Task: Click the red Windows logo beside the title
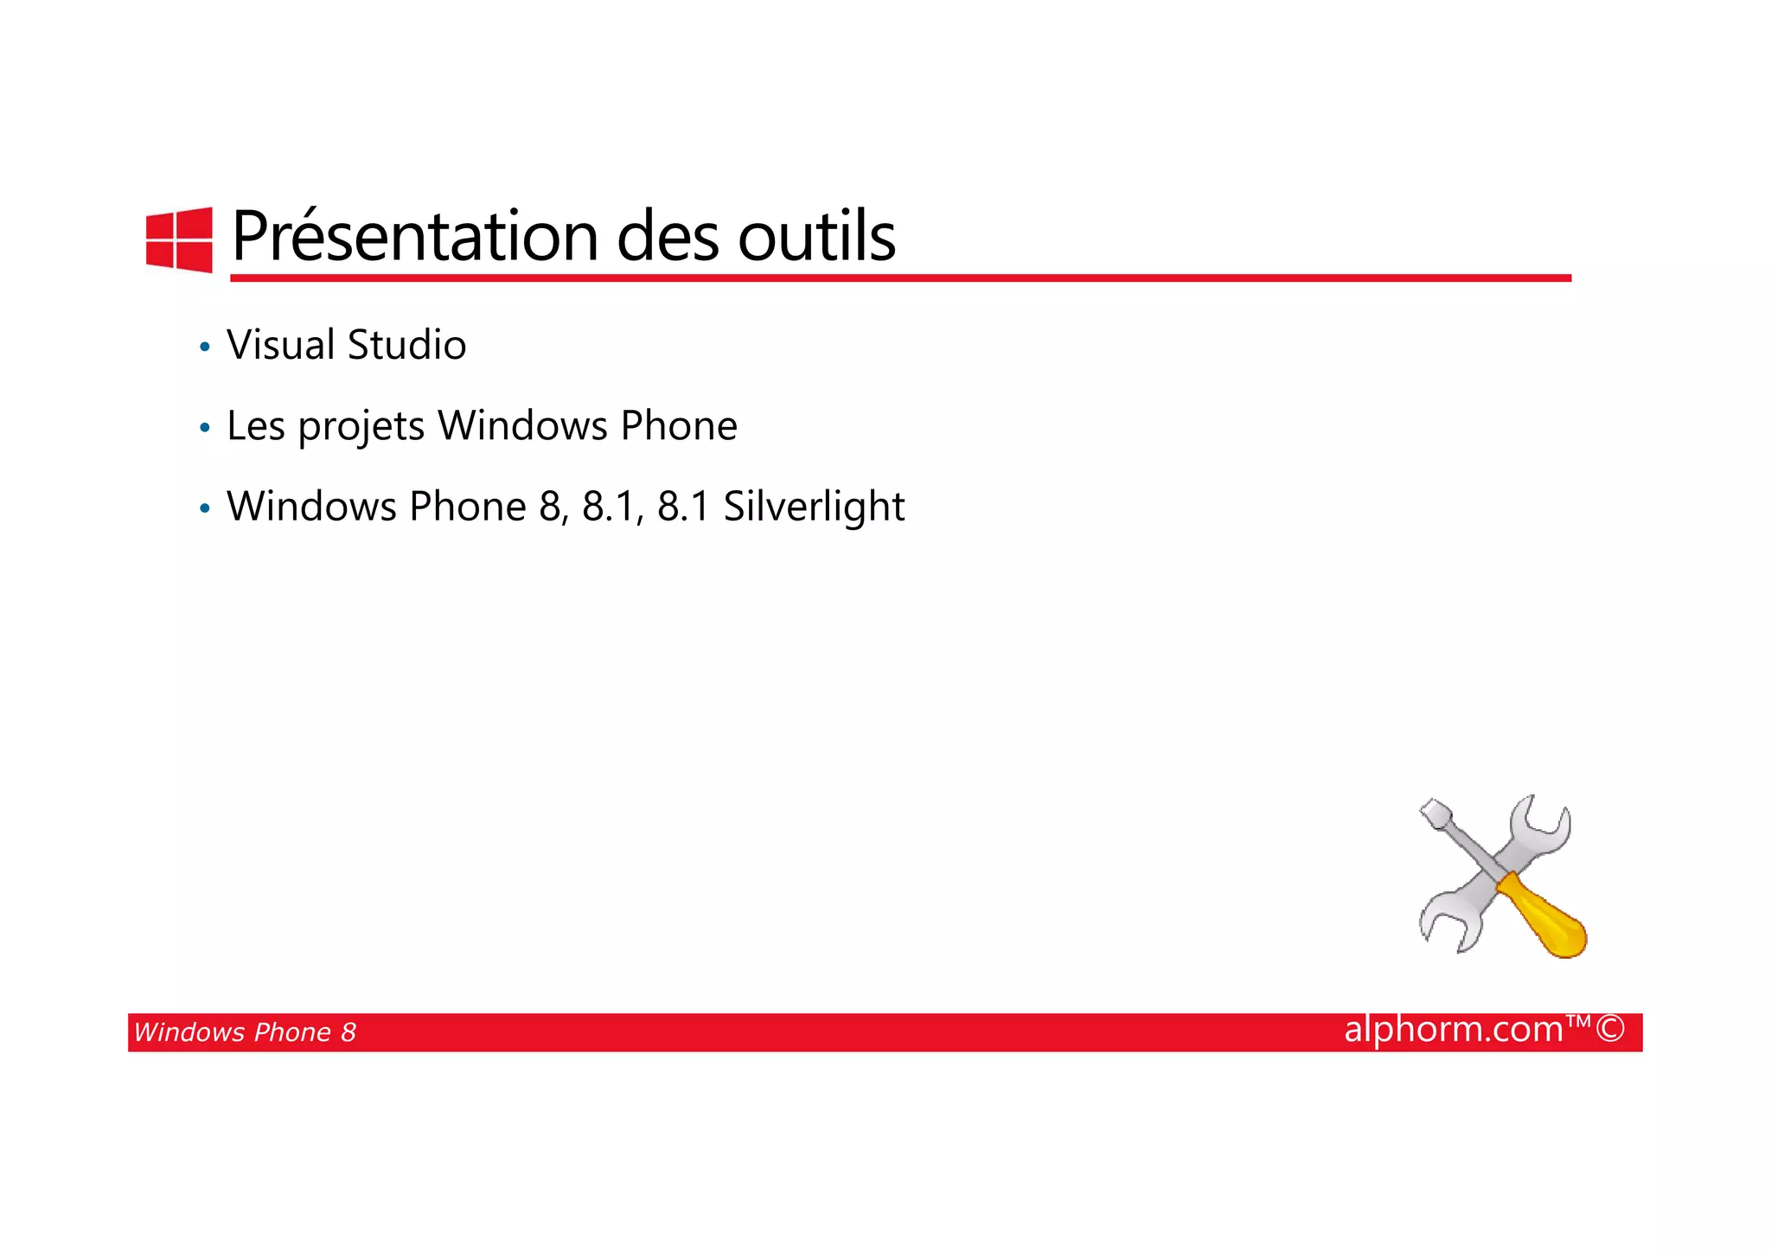(179, 239)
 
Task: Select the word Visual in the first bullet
(280, 345)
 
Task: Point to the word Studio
(406, 345)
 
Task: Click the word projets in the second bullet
(361, 426)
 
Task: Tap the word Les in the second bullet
(256, 426)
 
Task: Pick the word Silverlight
(814, 507)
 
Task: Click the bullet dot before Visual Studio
(205, 348)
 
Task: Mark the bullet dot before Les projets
(205, 428)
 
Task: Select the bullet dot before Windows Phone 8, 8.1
(205, 509)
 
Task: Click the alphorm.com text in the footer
(1453, 1030)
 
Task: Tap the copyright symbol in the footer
(1610, 1030)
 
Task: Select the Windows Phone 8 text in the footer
(245, 1032)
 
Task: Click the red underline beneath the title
(899, 278)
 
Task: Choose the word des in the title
(668, 236)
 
